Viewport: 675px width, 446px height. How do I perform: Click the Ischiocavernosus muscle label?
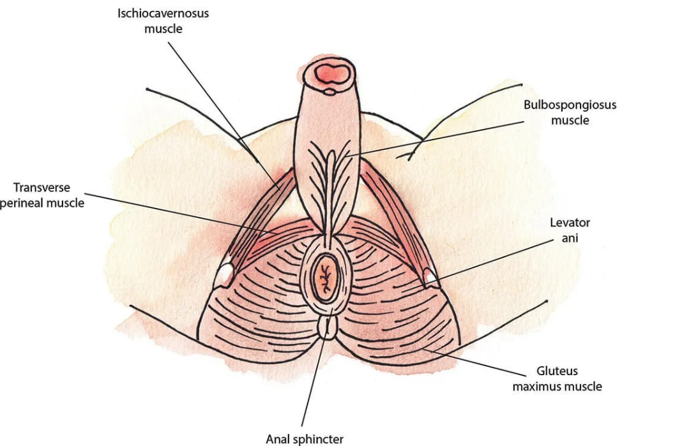[163, 20]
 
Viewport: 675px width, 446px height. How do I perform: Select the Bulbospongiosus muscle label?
[570, 112]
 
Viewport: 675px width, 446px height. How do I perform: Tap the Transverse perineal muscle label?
[42, 195]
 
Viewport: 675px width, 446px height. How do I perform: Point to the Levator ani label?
[570, 230]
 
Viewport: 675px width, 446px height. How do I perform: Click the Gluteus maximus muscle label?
[557, 378]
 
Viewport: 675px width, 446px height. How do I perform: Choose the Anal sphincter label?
[305, 439]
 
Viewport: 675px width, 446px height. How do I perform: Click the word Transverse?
[42, 188]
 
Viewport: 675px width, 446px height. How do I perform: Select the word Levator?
[570, 223]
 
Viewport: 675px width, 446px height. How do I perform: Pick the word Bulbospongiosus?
[570, 105]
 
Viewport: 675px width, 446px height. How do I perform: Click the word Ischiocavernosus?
[163, 13]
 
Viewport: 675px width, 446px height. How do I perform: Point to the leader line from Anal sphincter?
[314, 383]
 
